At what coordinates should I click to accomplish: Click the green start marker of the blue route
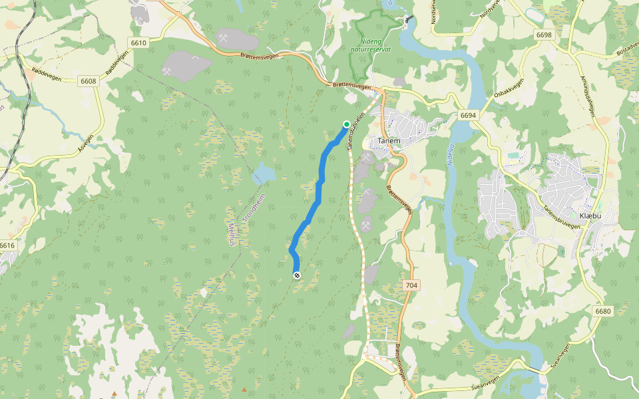(346, 124)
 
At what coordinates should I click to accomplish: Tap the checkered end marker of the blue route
(296, 275)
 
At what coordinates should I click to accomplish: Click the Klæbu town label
(590, 217)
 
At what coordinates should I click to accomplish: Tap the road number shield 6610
(138, 43)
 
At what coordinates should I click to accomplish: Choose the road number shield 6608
(88, 81)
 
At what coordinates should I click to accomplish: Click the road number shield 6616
(7, 245)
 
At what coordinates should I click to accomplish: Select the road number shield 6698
(543, 35)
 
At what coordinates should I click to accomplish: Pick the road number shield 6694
(468, 115)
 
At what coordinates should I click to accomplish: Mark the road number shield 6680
(603, 311)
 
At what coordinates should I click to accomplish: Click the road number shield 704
(411, 285)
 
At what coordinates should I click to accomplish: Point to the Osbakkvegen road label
(509, 90)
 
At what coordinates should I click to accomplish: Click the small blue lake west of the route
(264, 174)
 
